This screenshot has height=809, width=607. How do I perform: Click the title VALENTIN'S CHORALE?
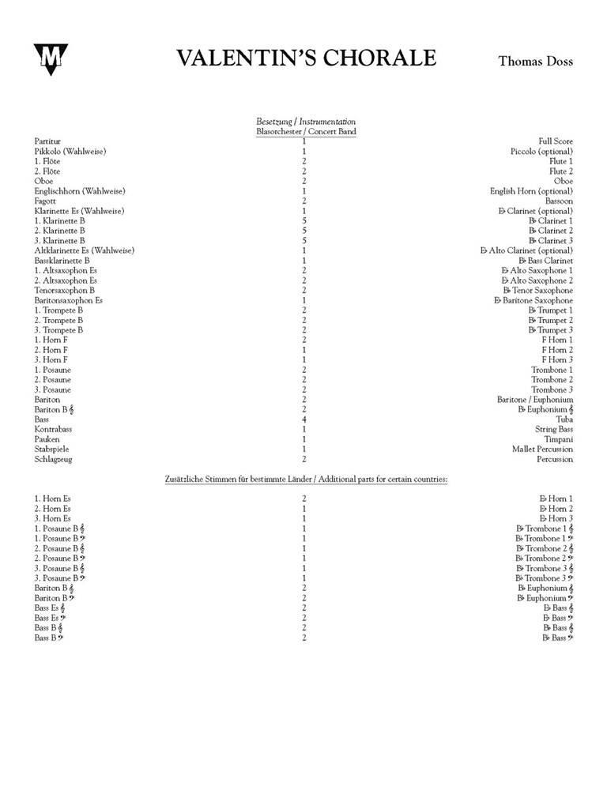pyautogui.click(x=306, y=59)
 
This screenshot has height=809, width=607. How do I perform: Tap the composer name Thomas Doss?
pyautogui.click(x=535, y=61)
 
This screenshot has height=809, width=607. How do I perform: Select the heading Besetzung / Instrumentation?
pyautogui.click(x=305, y=122)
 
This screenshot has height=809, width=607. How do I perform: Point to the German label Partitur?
pyautogui.click(x=47, y=141)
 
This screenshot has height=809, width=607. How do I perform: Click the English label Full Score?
pyautogui.click(x=556, y=141)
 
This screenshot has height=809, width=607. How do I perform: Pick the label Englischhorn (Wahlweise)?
pyautogui.click(x=80, y=191)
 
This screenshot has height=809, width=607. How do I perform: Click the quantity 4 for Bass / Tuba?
pyautogui.click(x=304, y=420)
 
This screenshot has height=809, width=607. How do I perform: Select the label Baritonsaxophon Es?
pyautogui.click(x=68, y=301)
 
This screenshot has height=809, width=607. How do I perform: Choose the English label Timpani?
pyautogui.click(x=558, y=439)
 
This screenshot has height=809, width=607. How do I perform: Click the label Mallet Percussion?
pyautogui.click(x=542, y=450)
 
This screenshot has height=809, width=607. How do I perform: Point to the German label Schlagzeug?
pyautogui.click(x=53, y=459)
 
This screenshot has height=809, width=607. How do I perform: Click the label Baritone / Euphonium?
pyautogui.click(x=535, y=400)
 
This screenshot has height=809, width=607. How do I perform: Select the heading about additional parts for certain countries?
pyautogui.click(x=305, y=480)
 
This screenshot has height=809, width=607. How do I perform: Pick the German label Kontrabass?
pyautogui.click(x=53, y=430)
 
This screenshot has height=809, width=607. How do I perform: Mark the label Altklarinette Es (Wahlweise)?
pyautogui.click(x=84, y=250)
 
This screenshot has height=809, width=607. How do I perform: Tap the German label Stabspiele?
pyautogui.click(x=52, y=450)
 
